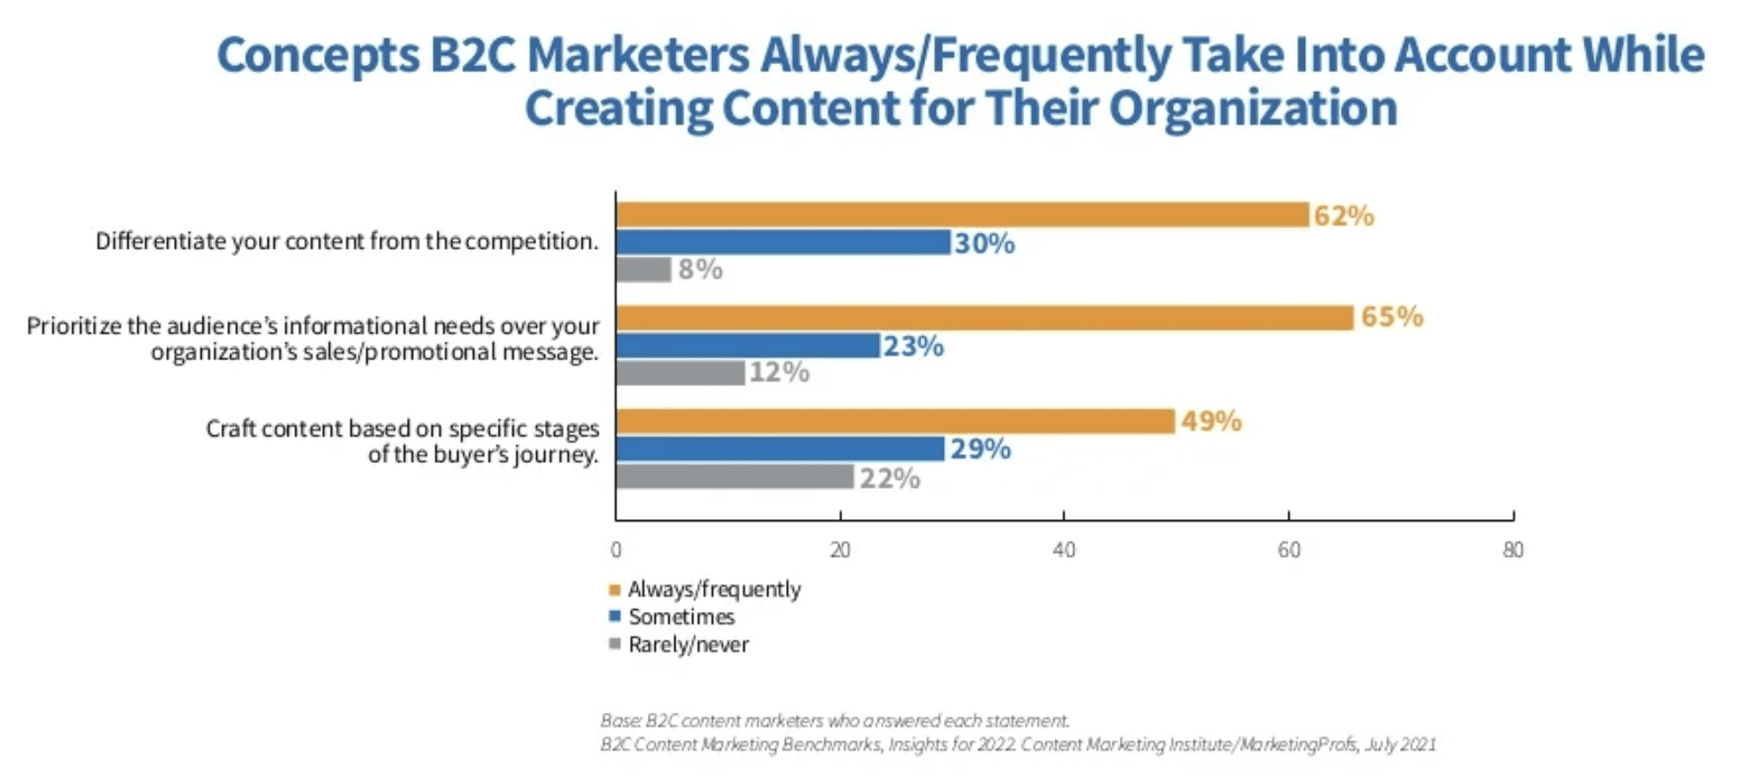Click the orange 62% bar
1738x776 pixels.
962,215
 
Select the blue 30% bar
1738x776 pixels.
782,243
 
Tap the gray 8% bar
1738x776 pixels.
643,269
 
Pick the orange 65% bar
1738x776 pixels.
984,318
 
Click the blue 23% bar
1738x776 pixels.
748,346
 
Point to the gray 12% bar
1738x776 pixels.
680,372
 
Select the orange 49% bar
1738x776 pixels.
895,421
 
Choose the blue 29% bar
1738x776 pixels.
780,449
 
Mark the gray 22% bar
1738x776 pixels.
734,477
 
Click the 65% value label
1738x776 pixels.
1391,317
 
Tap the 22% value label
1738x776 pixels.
890,479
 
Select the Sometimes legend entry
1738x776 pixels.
681,617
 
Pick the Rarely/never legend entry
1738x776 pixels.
688,645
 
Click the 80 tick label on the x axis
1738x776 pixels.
1512,550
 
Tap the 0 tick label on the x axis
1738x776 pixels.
616,550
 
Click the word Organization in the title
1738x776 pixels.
1253,109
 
